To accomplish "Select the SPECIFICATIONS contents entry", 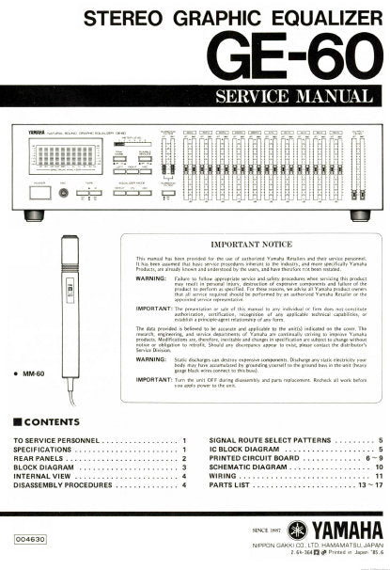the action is click(x=47, y=451).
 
